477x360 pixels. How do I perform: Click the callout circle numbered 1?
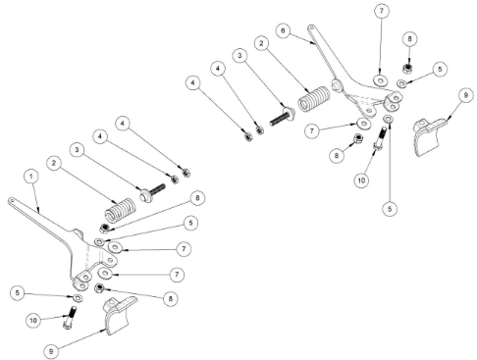[x=31, y=177]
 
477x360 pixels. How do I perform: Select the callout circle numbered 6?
[x=283, y=30]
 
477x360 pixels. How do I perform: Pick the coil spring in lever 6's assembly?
[x=314, y=99]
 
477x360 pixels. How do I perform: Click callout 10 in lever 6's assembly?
[x=361, y=180]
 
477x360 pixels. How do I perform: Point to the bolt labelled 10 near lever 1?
[x=70, y=317]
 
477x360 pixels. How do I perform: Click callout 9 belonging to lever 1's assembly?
[x=51, y=351]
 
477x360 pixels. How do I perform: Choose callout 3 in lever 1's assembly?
[x=77, y=150]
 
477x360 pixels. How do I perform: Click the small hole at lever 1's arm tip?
[x=12, y=199]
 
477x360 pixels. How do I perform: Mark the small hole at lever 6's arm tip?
[x=311, y=27]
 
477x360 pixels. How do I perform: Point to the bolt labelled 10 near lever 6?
[x=380, y=139]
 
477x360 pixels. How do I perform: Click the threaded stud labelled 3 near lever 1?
[x=153, y=192]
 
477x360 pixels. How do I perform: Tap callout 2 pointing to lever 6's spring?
[x=261, y=43]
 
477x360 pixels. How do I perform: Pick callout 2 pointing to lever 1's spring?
[x=54, y=163]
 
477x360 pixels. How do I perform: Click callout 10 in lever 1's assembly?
[x=33, y=320]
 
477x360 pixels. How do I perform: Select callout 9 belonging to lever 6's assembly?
[x=466, y=95]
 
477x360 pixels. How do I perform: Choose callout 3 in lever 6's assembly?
[x=240, y=55]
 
